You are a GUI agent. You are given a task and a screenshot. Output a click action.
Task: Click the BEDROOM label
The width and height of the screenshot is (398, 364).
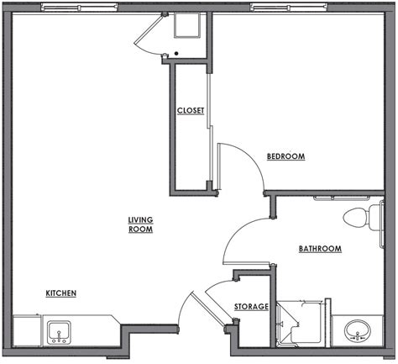pos(285,156)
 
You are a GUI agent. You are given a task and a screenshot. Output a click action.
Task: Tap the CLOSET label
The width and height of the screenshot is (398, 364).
pos(191,111)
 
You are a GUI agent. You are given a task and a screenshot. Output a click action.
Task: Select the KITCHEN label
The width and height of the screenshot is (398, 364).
pos(61,293)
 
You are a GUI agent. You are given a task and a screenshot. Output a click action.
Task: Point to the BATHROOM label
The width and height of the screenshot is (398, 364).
pos(320,249)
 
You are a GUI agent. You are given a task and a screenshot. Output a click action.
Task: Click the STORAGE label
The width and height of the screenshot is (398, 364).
pos(251,307)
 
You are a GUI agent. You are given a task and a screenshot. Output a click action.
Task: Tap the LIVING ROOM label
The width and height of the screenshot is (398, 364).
pos(140,224)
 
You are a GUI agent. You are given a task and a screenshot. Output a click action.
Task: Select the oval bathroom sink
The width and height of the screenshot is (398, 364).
pos(358,330)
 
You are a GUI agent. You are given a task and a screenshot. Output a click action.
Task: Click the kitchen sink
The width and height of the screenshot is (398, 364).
pos(59,333)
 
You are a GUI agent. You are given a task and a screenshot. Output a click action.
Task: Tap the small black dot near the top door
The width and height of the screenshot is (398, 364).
pos(176,53)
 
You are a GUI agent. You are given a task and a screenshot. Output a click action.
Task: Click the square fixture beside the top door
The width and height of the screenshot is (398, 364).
pos(187,25)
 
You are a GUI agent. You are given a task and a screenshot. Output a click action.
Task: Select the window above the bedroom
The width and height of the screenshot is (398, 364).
pos(289,7)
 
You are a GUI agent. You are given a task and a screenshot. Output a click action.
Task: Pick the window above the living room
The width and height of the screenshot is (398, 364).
pos(80,7)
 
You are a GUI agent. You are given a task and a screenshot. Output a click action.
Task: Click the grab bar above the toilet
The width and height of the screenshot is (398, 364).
pos(341,198)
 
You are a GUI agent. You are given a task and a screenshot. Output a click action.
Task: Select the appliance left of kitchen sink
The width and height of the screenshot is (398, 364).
pos(28,331)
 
